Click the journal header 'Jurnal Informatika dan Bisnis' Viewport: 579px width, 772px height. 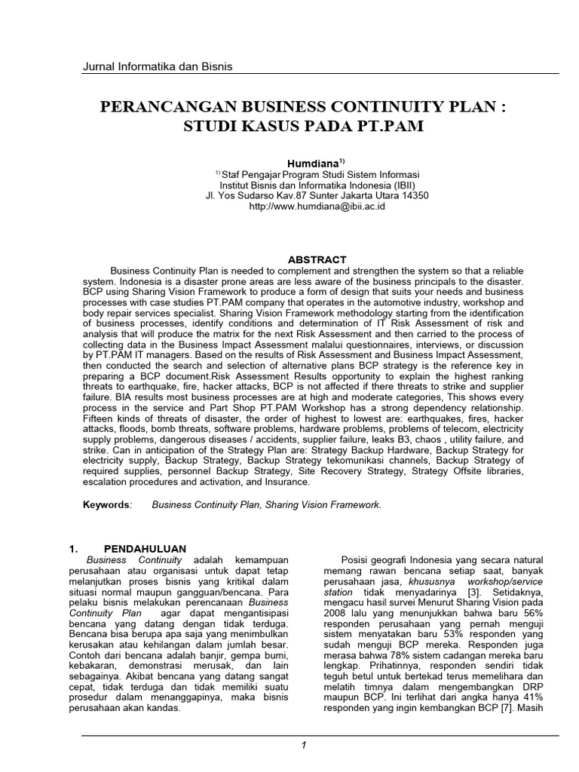(x=157, y=67)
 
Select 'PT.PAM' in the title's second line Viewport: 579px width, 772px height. (x=386, y=126)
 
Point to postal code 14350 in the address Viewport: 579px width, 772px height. (x=415, y=195)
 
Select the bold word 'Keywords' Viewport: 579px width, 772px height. (x=106, y=504)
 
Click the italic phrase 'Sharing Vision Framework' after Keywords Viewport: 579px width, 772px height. (x=324, y=504)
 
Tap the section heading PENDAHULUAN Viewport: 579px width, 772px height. (x=144, y=548)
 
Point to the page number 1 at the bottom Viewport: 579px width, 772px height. (x=302, y=746)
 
